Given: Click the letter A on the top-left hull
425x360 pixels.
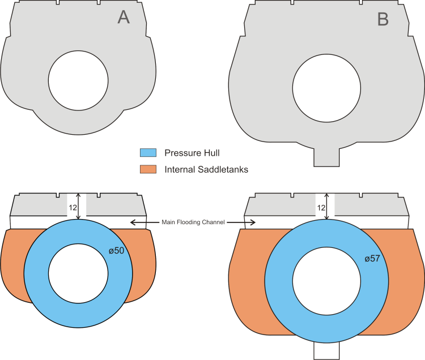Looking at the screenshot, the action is tap(124, 18).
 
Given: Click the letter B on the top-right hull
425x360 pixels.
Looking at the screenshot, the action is tap(383, 19).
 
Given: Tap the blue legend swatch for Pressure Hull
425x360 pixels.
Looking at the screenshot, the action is tap(148, 153).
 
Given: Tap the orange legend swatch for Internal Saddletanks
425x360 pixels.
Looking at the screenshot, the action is tap(148, 169).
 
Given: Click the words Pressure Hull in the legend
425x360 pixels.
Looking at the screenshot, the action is tap(192, 153).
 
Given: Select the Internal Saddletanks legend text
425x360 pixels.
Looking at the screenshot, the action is tap(206, 169).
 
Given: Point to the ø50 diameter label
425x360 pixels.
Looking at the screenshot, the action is tap(116, 251).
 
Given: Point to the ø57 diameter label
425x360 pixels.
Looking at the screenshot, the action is tap(372, 259).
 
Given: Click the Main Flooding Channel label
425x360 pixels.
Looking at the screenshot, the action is tap(193, 222).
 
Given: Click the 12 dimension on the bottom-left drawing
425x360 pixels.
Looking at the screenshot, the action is tap(73, 208).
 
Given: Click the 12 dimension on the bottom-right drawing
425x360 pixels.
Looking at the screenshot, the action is tap(321, 208).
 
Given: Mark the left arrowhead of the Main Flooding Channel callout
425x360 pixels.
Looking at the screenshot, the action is tap(133, 222).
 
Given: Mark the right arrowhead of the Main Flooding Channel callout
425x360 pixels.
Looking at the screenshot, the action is tap(253, 222).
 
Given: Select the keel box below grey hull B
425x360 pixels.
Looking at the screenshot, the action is tap(326, 157).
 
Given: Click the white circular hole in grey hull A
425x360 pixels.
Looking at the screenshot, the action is tap(78, 80).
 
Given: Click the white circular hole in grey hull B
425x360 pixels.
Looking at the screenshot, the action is tap(326, 88).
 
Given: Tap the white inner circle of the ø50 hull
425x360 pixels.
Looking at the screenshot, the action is tap(78, 273).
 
